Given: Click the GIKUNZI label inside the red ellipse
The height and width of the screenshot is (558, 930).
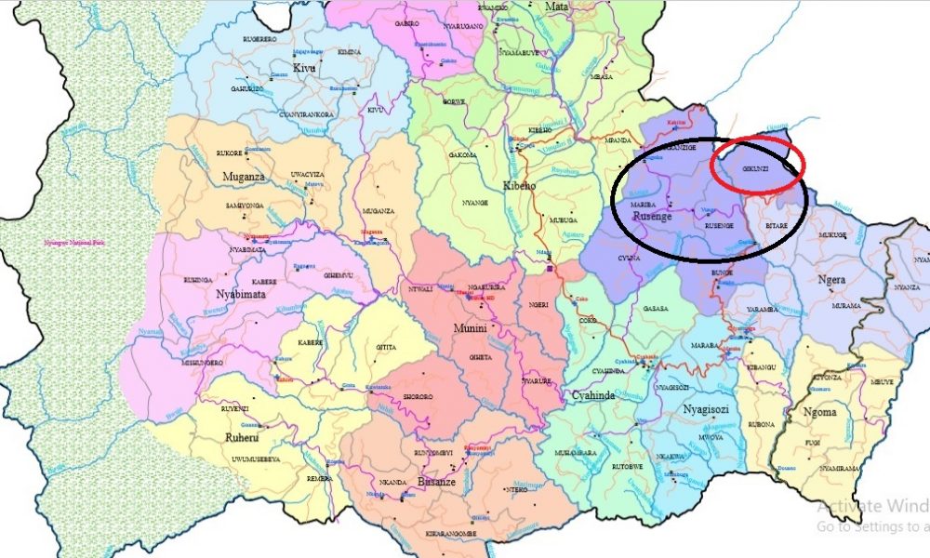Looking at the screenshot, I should tap(756, 169).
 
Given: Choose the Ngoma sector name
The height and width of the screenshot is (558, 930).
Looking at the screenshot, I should tap(817, 412).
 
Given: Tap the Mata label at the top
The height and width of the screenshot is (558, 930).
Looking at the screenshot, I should tap(556, 7).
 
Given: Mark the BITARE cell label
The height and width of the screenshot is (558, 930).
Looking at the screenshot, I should tap(777, 225).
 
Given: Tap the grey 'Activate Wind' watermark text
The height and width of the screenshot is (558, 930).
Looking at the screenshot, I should tap(873, 507).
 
